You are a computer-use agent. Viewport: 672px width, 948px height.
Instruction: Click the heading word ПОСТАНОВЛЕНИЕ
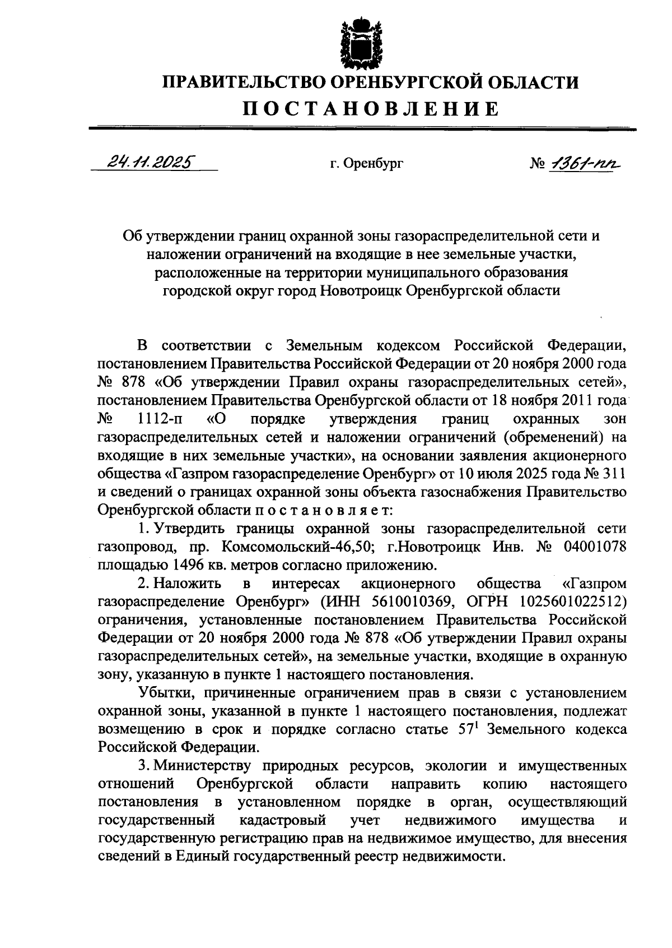[x=370, y=108]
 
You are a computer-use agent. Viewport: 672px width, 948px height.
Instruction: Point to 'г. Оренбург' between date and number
[x=366, y=164]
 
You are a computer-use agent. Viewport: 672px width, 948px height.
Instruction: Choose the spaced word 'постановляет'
[x=325, y=510]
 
